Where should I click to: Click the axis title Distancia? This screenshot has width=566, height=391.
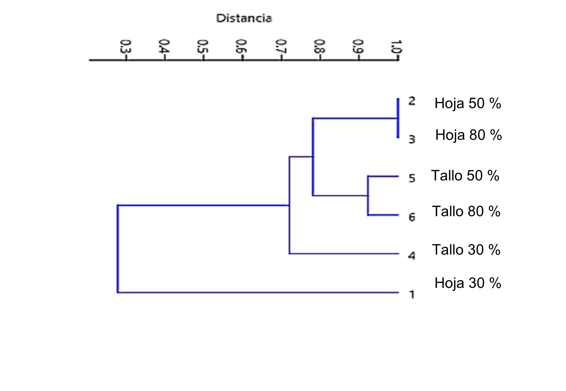click(x=244, y=18)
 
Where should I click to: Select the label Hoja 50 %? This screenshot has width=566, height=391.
click(x=468, y=103)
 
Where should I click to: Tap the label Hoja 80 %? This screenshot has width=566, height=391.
click(x=468, y=135)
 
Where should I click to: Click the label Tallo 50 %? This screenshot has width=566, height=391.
click(x=465, y=176)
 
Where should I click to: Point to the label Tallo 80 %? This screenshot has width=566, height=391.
click(x=466, y=211)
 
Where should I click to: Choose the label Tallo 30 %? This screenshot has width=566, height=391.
click(x=466, y=250)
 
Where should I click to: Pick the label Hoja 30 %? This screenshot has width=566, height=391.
click(x=468, y=283)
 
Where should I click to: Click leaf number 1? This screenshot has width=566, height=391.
click(x=412, y=295)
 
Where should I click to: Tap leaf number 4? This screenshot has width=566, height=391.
click(x=412, y=256)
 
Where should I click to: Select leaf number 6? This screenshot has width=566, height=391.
click(x=412, y=217)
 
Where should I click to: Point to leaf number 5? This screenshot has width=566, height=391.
click(x=412, y=178)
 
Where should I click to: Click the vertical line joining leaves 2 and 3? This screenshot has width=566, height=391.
click(x=398, y=118)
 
